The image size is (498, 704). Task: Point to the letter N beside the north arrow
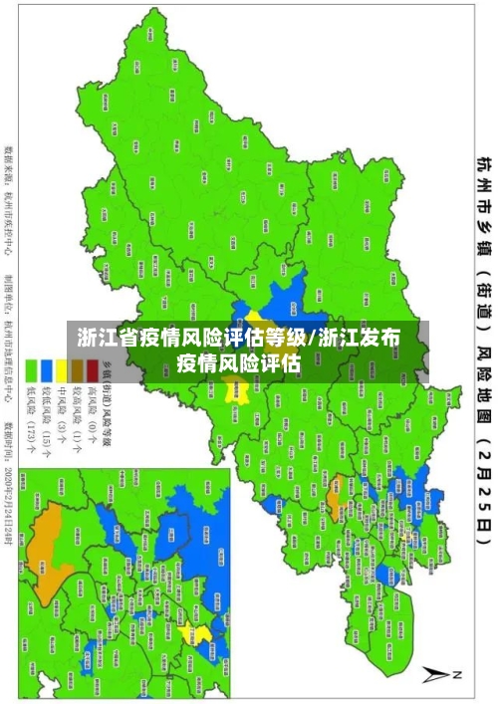click(x=459, y=675)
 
